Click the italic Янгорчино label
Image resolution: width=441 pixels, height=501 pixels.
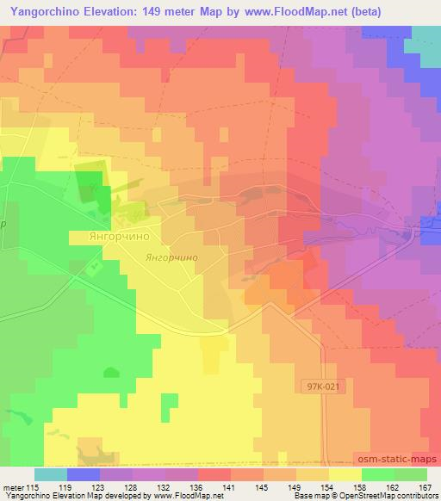coord(172,257)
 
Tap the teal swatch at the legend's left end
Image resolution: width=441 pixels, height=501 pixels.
coord(50,474)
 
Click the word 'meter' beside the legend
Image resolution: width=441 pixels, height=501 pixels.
coord(13,486)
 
